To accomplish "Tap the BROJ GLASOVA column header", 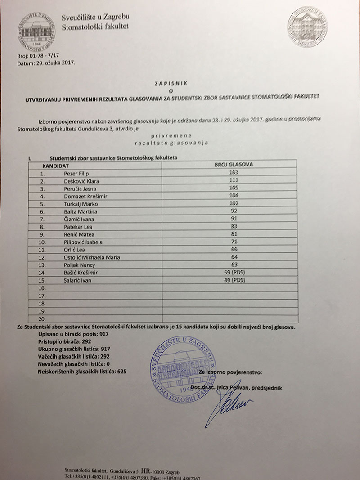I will coord(234,165).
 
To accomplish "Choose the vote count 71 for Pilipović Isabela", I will coord(233,242).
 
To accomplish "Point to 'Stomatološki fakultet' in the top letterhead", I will coord(95,26).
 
